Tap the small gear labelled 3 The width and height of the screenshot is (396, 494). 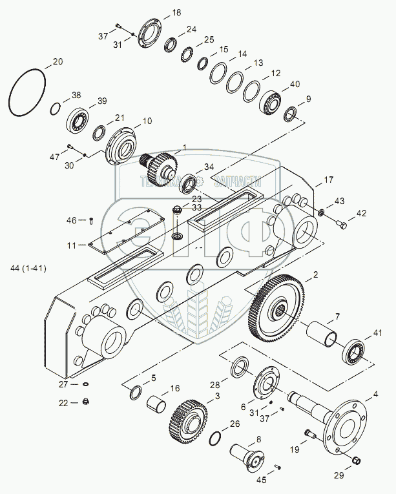pyautogui.click(x=188, y=420)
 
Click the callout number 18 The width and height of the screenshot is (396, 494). pyautogui.click(x=176, y=12)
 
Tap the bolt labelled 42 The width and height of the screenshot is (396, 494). pyautogui.click(x=341, y=225)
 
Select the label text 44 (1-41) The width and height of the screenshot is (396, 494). pyautogui.click(x=28, y=267)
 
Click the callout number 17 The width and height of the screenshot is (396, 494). pyautogui.click(x=329, y=179)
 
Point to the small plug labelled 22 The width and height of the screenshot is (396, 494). pyautogui.click(x=87, y=404)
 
